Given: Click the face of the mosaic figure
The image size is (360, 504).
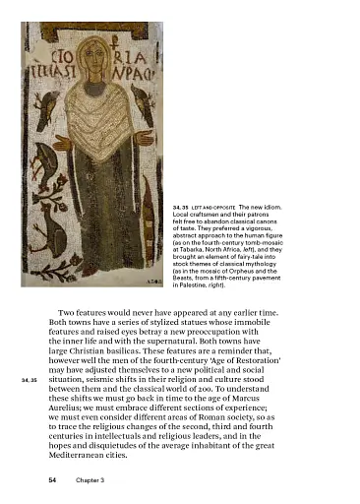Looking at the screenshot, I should (95, 68).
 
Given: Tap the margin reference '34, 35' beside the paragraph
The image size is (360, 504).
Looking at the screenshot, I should (27, 379).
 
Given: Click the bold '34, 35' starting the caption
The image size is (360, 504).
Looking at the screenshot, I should (184, 209).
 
